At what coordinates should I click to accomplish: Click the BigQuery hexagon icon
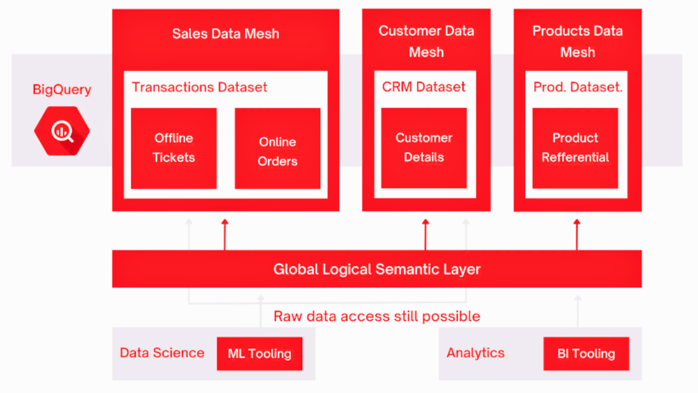[62, 130]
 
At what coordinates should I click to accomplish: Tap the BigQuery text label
[62, 90]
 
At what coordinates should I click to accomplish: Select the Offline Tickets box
[174, 148]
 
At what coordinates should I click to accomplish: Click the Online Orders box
[277, 148]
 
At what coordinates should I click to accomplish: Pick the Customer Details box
[424, 147]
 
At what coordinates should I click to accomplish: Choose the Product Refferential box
[575, 147]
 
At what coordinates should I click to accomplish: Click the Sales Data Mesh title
[226, 34]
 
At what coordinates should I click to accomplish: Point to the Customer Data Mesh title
[426, 41]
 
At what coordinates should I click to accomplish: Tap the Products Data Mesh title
[577, 41]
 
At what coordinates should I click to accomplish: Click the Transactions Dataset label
[199, 87]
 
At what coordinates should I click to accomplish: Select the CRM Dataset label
[424, 87]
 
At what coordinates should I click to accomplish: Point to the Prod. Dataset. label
[578, 87]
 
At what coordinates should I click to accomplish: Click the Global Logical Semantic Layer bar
[377, 269]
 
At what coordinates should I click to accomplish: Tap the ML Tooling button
[259, 354]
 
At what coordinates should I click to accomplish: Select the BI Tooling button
[586, 354]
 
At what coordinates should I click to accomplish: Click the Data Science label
[162, 353]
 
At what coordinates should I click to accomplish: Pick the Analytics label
[476, 353]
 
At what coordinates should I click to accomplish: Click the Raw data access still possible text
[376, 316]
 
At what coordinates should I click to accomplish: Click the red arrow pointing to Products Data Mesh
[577, 235]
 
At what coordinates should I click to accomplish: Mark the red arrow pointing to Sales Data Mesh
[225, 235]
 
